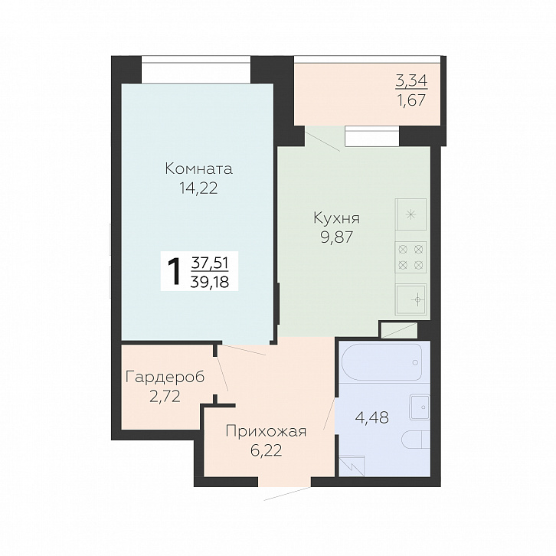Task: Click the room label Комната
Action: tap(198, 168)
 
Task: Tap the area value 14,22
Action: tap(198, 188)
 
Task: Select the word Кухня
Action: tap(336, 218)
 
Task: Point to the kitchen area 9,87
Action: tap(337, 237)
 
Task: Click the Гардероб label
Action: tap(165, 378)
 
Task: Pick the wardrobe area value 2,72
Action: tap(165, 397)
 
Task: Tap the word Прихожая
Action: tap(266, 432)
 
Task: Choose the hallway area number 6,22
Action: tap(266, 450)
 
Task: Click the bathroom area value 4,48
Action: tap(371, 417)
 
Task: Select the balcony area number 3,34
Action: tap(411, 81)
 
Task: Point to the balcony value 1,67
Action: tap(412, 100)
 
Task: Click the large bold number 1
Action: tap(174, 272)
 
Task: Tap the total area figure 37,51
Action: tap(210, 263)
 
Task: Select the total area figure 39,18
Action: tap(210, 283)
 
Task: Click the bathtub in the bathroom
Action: tap(381, 362)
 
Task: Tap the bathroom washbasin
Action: tap(420, 407)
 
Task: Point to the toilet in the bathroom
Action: tap(416, 440)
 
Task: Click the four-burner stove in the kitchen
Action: tap(410, 257)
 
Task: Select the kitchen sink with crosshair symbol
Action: tap(411, 299)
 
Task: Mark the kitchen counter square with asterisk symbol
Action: tap(410, 214)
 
